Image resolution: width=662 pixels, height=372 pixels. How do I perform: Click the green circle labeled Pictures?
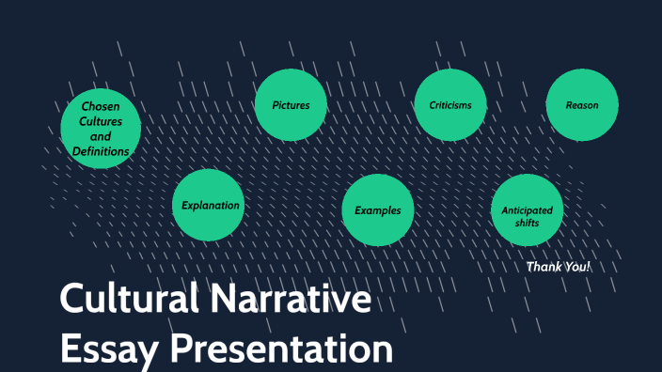coord(292,105)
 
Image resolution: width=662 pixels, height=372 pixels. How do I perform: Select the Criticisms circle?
coord(450,105)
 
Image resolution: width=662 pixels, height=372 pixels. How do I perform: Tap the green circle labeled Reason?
coord(582,105)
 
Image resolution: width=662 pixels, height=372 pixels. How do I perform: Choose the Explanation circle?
coord(209,206)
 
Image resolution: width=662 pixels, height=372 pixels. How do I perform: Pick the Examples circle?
coord(377,210)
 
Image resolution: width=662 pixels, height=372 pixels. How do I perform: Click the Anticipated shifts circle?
coord(528,210)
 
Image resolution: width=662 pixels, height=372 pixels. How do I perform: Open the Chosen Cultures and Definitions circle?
coord(101,129)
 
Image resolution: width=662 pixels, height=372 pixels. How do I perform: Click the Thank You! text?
coord(559,267)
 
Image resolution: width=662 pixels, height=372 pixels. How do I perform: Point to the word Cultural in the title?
coord(128,300)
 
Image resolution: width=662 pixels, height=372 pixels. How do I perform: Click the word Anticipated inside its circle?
coord(528,209)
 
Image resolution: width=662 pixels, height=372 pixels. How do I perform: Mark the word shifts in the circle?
coord(528,224)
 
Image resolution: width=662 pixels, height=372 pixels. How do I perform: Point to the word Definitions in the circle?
coord(101,151)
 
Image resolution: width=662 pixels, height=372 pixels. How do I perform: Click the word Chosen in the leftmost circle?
coord(101,106)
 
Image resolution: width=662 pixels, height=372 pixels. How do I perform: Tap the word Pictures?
coord(292,105)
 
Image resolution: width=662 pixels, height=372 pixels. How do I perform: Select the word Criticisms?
coord(450,105)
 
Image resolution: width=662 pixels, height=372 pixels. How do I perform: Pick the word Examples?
coord(377,210)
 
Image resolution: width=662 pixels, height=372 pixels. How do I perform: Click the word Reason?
coord(582,105)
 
